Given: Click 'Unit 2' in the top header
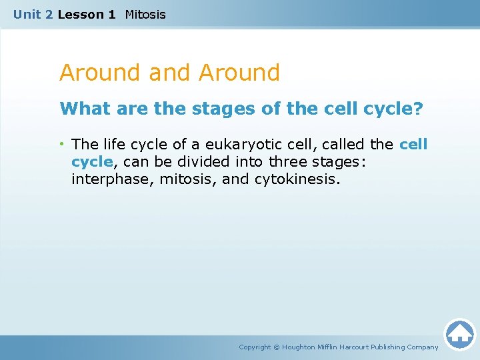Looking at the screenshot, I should pos(33,14).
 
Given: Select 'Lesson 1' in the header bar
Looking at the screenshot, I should pos(87,14).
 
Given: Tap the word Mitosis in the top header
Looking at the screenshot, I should pos(145,14).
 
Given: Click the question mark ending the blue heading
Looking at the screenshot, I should pos(418,109).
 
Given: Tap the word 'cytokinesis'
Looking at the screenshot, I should pos(297,179).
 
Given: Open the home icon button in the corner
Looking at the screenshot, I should pos(459,334).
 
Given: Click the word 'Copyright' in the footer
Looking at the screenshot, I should pos(255,347).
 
